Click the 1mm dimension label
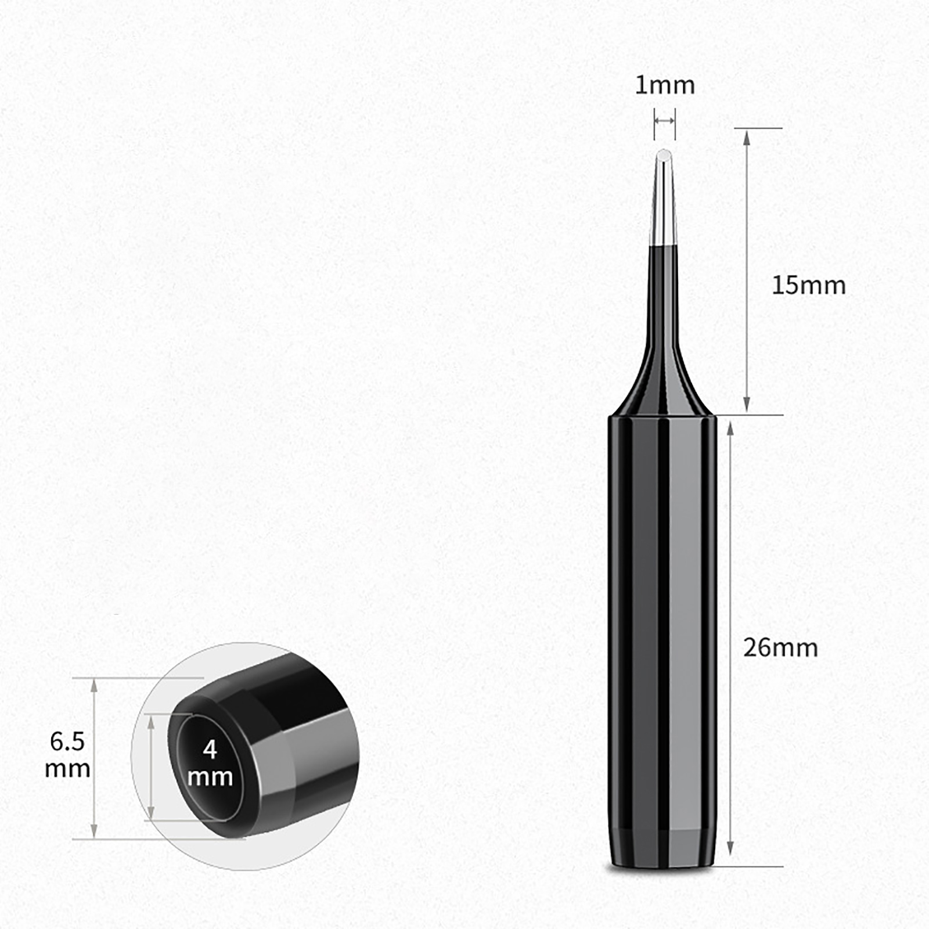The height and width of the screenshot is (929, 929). [665, 85]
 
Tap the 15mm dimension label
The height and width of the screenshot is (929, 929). [808, 285]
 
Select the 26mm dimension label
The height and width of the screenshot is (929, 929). [780, 647]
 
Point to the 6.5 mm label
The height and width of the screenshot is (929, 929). [67, 755]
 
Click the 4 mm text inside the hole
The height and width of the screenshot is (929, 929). [210, 763]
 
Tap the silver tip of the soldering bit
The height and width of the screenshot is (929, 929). [662, 197]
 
